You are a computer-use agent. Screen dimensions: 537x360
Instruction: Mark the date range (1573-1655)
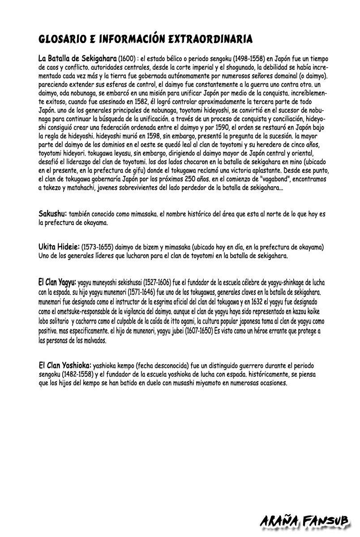[x=98, y=247]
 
